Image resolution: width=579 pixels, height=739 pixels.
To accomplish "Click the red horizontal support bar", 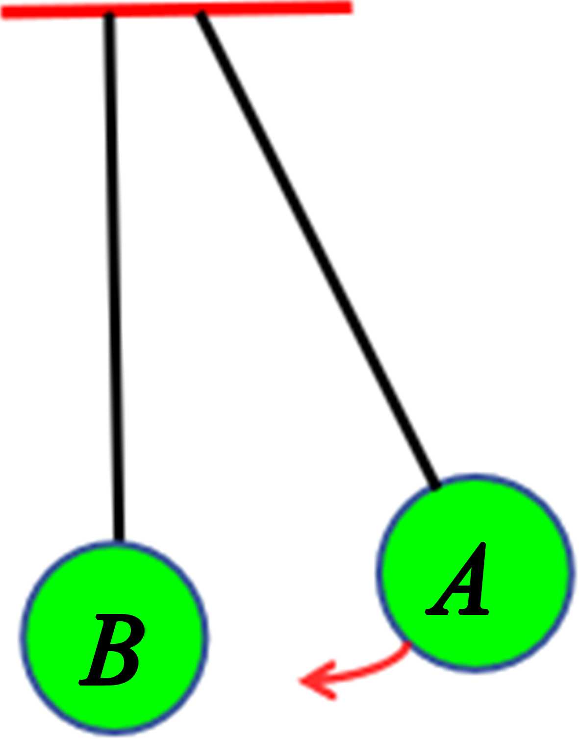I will point(275,9).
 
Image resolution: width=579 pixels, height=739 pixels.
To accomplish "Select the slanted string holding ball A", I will point(319,250).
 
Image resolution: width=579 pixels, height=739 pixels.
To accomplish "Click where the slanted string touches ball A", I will point(435,485).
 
